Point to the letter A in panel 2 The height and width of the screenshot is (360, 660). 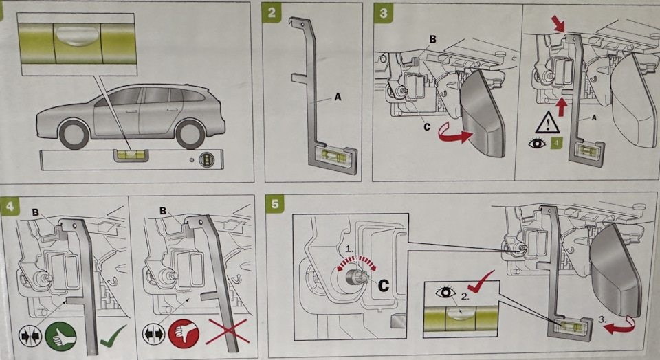click(338, 98)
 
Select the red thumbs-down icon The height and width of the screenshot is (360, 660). click(184, 336)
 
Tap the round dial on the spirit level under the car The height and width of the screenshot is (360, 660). click(206, 159)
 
